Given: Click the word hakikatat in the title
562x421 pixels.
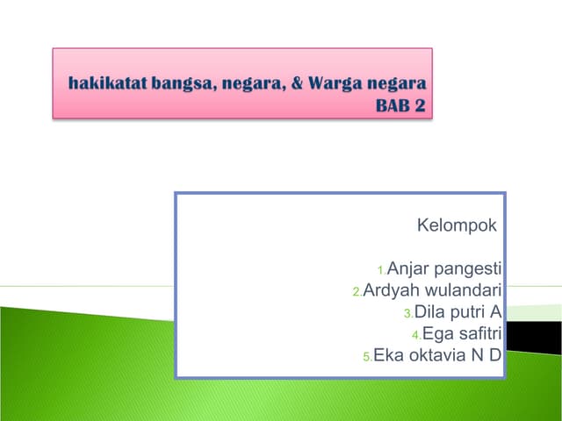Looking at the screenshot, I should click(x=104, y=86).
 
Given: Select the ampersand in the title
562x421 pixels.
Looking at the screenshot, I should click(x=295, y=86).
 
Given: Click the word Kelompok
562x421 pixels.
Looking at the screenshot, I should click(x=456, y=226).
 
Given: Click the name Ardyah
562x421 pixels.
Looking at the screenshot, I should click(x=393, y=290).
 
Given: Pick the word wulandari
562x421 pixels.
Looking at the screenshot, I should click(x=464, y=290).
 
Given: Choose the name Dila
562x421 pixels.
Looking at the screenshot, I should click(x=430, y=311).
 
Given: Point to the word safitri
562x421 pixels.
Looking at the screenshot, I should click(x=474, y=333).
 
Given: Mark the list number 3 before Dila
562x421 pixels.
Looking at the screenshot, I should click(x=407, y=314).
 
